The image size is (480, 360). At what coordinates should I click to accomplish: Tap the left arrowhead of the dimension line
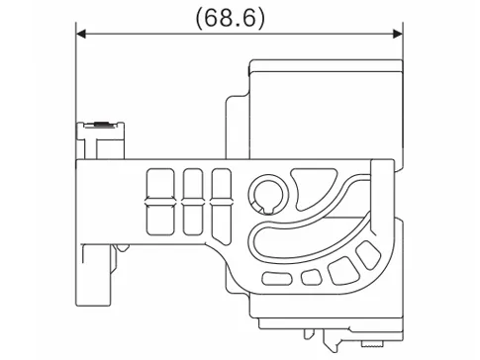pyautogui.click(x=83, y=35)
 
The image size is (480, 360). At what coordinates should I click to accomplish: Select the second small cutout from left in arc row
pyautogui.click(x=310, y=277)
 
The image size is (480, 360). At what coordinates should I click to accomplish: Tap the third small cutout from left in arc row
pyautogui.click(x=343, y=268)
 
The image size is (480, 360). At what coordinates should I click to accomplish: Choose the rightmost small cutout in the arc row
pyautogui.click(x=368, y=254)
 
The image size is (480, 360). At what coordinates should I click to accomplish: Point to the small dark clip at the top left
pyautogui.click(x=101, y=124)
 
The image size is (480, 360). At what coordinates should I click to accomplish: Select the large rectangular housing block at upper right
pyautogui.click(x=327, y=104)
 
